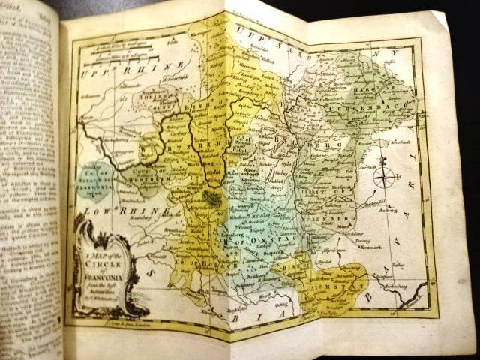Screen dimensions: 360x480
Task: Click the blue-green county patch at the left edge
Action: (94, 181)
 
